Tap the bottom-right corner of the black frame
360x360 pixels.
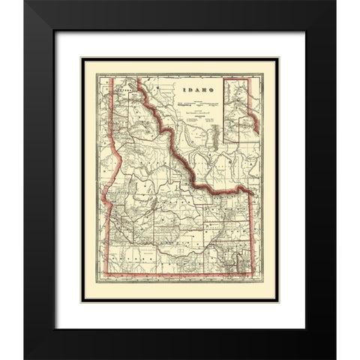coord(335,358)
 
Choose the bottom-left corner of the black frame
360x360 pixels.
coord(25,358)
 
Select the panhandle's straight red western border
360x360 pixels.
coord(112,112)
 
